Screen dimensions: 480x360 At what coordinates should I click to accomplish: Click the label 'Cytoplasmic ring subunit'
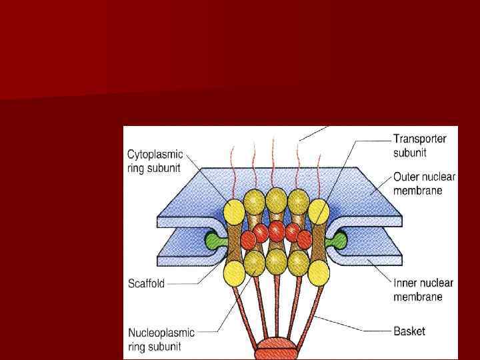[155, 161]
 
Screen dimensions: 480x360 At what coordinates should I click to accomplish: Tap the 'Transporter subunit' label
[419, 145]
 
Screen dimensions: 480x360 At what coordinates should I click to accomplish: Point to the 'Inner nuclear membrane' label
[423, 289]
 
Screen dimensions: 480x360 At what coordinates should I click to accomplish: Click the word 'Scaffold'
[145, 283]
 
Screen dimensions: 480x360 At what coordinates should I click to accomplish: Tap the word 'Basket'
[409, 331]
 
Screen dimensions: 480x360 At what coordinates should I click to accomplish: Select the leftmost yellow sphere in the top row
[234, 211]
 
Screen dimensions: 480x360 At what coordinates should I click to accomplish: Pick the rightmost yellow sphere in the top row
[319, 211]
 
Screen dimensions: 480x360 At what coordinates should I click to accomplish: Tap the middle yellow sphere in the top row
[276, 200]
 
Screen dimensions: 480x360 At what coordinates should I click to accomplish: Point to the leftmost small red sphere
[248, 237]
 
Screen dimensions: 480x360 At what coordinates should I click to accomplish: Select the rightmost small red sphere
[305, 237]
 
